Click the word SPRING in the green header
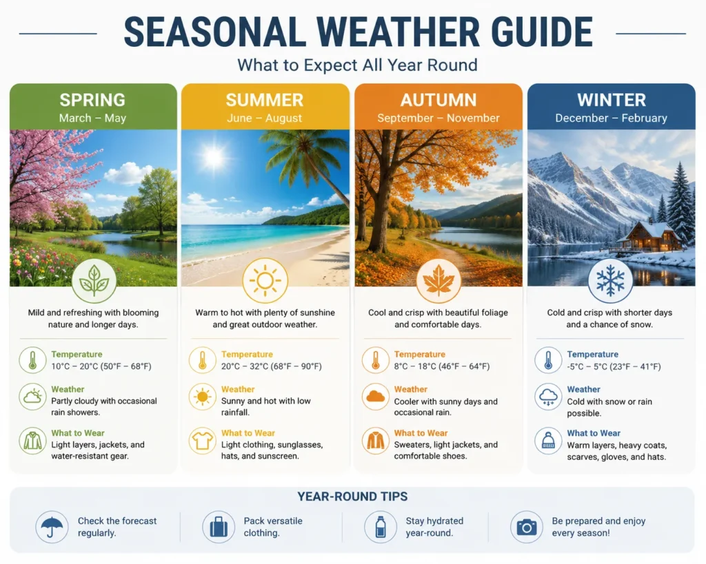[x=92, y=100]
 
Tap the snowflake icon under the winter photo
[x=610, y=280]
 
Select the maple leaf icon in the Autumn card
[x=438, y=280]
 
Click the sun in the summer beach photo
[x=214, y=157]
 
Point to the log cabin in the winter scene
[x=648, y=237]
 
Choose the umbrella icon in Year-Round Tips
[x=52, y=527]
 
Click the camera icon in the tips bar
[x=526, y=527]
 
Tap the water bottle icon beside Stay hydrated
[x=381, y=527]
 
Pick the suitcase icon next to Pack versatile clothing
[x=219, y=527]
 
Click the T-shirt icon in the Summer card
[x=202, y=441]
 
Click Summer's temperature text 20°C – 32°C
[x=247, y=366]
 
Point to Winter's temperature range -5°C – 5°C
[x=587, y=366]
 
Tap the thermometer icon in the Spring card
[x=32, y=360]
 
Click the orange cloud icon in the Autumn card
[x=376, y=397]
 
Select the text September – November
[x=438, y=118]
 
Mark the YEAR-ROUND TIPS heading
[x=352, y=497]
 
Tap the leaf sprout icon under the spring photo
[x=94, y=280]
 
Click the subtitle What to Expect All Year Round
[x=358, y=65]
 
